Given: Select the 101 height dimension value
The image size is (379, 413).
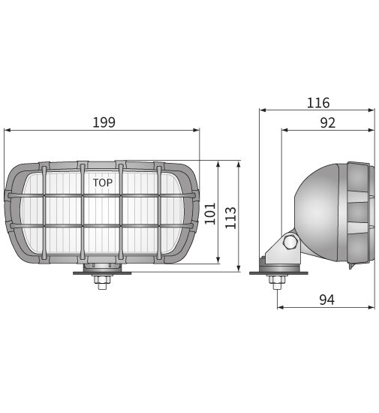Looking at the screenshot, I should [x=210, y=213].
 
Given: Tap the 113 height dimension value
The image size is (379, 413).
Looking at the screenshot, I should [x=231, y=218].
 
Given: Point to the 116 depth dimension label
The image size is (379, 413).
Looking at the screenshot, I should [x=317, y=103].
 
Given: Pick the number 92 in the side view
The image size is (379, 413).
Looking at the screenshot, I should [x=327, y=123].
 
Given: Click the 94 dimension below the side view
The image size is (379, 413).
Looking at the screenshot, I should [x=326, y=300].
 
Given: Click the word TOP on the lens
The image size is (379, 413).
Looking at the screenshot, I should [x=104, y=182].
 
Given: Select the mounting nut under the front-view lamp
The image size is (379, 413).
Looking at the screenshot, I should [x=101, y=283].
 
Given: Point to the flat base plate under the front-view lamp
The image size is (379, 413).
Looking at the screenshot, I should [x=101, y=273].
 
